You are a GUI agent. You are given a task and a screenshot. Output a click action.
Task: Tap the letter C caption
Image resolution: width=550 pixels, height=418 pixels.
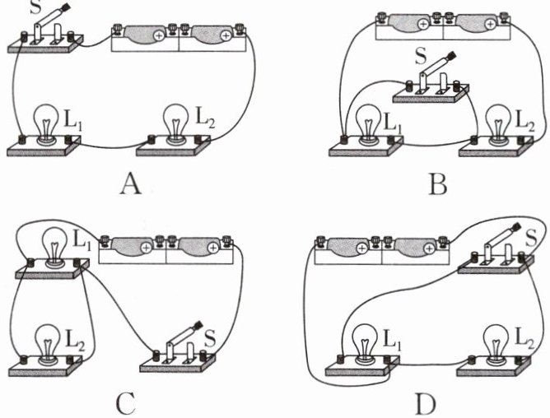point(126,403)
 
